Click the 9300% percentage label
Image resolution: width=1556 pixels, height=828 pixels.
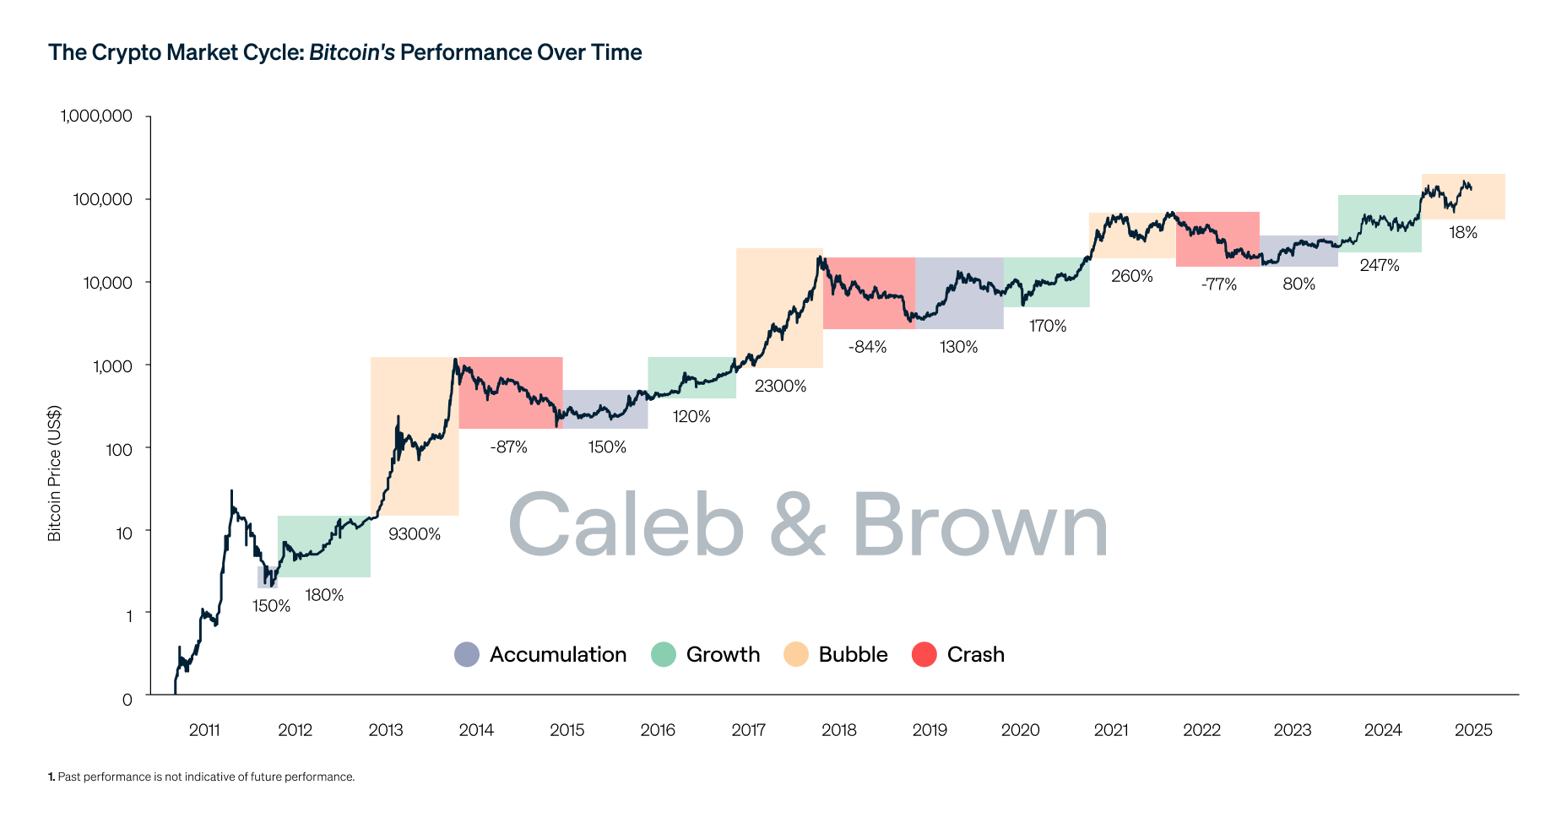(x=414, y=534)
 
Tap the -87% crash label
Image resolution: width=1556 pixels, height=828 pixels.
(x=508, y=447)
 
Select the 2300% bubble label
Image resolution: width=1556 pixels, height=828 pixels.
(x=780, y=387)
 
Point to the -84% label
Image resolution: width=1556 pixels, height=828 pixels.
(x=867, y=347)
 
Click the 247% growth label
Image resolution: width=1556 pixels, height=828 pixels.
(x=1380, y=266)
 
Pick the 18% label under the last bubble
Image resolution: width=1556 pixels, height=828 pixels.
(x=1463, y=233)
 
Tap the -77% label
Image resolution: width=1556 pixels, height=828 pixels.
(x=1218, y=284)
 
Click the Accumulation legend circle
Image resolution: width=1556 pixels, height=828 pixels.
(x=466, y=654)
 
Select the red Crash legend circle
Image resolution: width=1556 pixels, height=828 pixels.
(x=924, y=654)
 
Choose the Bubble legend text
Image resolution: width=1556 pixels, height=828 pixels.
(x=853, y=654)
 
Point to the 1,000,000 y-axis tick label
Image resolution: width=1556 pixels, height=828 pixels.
(x=96, y=116)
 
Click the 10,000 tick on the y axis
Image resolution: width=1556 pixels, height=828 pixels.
(x=107, y=283)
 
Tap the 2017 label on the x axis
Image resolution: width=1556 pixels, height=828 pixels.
(x=748, y=730)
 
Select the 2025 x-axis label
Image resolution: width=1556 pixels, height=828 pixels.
(x=1473, y=730)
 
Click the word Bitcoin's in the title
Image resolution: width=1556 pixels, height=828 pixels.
(x=351, y=52)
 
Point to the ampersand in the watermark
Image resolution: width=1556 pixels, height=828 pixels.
(x=797, y=525)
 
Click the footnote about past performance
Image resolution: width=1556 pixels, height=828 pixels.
(x=202, y=777)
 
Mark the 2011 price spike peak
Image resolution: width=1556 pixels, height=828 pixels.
(x=231, y=490)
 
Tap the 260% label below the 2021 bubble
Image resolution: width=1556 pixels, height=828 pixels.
(x=1131, y=277)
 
